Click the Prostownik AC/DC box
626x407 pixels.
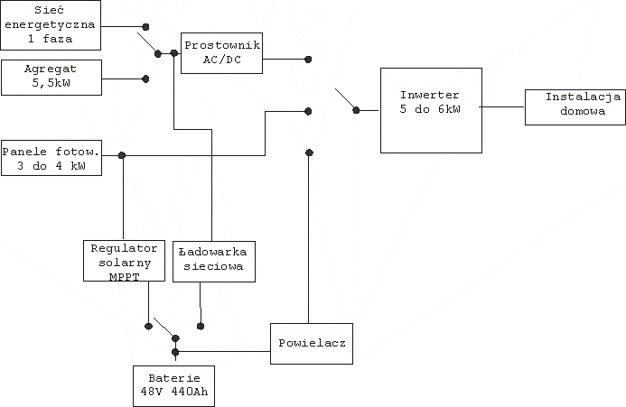pyautogui.click(x=221, y=53)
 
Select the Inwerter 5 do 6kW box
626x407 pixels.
pyautogui.click(x=431, y=110)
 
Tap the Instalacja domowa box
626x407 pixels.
pyautogui.click(x=575, y=107)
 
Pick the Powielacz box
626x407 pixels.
pyautogui.click(x=312, y=344)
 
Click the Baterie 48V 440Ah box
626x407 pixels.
pyautogui.click(x=173, y=386)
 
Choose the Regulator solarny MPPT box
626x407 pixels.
pyautogui.click(x=124, y=261)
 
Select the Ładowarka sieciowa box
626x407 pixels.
pyautogui.click(x=214, y=262)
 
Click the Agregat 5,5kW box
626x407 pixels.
pyautogui.click(x=51, y=78)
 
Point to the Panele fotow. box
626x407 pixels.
pyautogui.click(x=51, y=158)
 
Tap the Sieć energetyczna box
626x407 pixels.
pyautogui.click(x=51, y=25)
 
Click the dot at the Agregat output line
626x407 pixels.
pyautogui.click(x=145, y=79)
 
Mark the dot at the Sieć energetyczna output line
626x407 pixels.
pyautogui.click(x=145, y=27)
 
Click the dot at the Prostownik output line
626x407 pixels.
pyautogui.click(x=308, y=60)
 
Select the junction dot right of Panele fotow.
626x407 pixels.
pyautogui.click(x=122, y=155)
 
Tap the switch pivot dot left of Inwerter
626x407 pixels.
pyautogui.click(x=356, y=110)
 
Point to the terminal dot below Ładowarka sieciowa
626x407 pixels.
pyautogui.click(x=201, y=326)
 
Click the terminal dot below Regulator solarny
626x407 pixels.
pyautogui.click(x=148, y=326)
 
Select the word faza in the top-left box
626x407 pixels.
pyautogui.click(x=58, y=39)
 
